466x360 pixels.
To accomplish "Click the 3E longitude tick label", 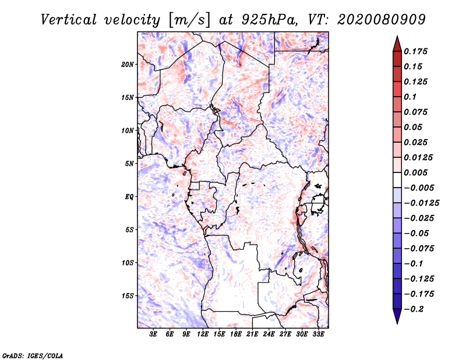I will tap(154, 334).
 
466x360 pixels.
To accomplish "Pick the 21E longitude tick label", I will tap(252, 334).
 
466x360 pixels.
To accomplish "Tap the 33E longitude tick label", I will tap(318, 334).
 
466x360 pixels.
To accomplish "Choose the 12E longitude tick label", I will tap(203, 334).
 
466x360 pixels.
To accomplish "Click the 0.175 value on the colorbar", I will tap(417, 51).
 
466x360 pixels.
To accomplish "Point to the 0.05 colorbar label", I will tap(414, 127).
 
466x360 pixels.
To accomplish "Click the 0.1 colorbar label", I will tap(412, 97).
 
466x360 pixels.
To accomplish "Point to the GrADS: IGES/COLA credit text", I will tap(33, 355).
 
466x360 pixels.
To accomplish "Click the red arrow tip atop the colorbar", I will tap(397, 42).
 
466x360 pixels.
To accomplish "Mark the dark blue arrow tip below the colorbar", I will tap(397, 317).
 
